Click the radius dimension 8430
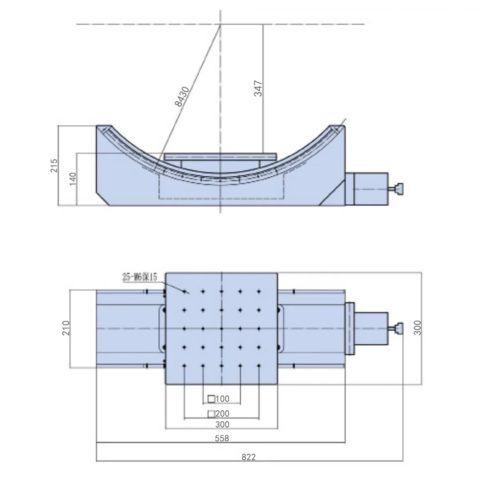182,96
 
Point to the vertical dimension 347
258,88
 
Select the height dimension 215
54,166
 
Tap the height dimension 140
73,179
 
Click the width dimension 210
66,328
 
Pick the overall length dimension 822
249,457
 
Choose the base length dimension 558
222,438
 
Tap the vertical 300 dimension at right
417,327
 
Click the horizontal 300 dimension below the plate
222,424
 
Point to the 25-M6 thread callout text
140,277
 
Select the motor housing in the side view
370,189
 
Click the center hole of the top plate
221,329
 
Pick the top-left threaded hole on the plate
184,291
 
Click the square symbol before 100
211,399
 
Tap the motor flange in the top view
350,329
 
